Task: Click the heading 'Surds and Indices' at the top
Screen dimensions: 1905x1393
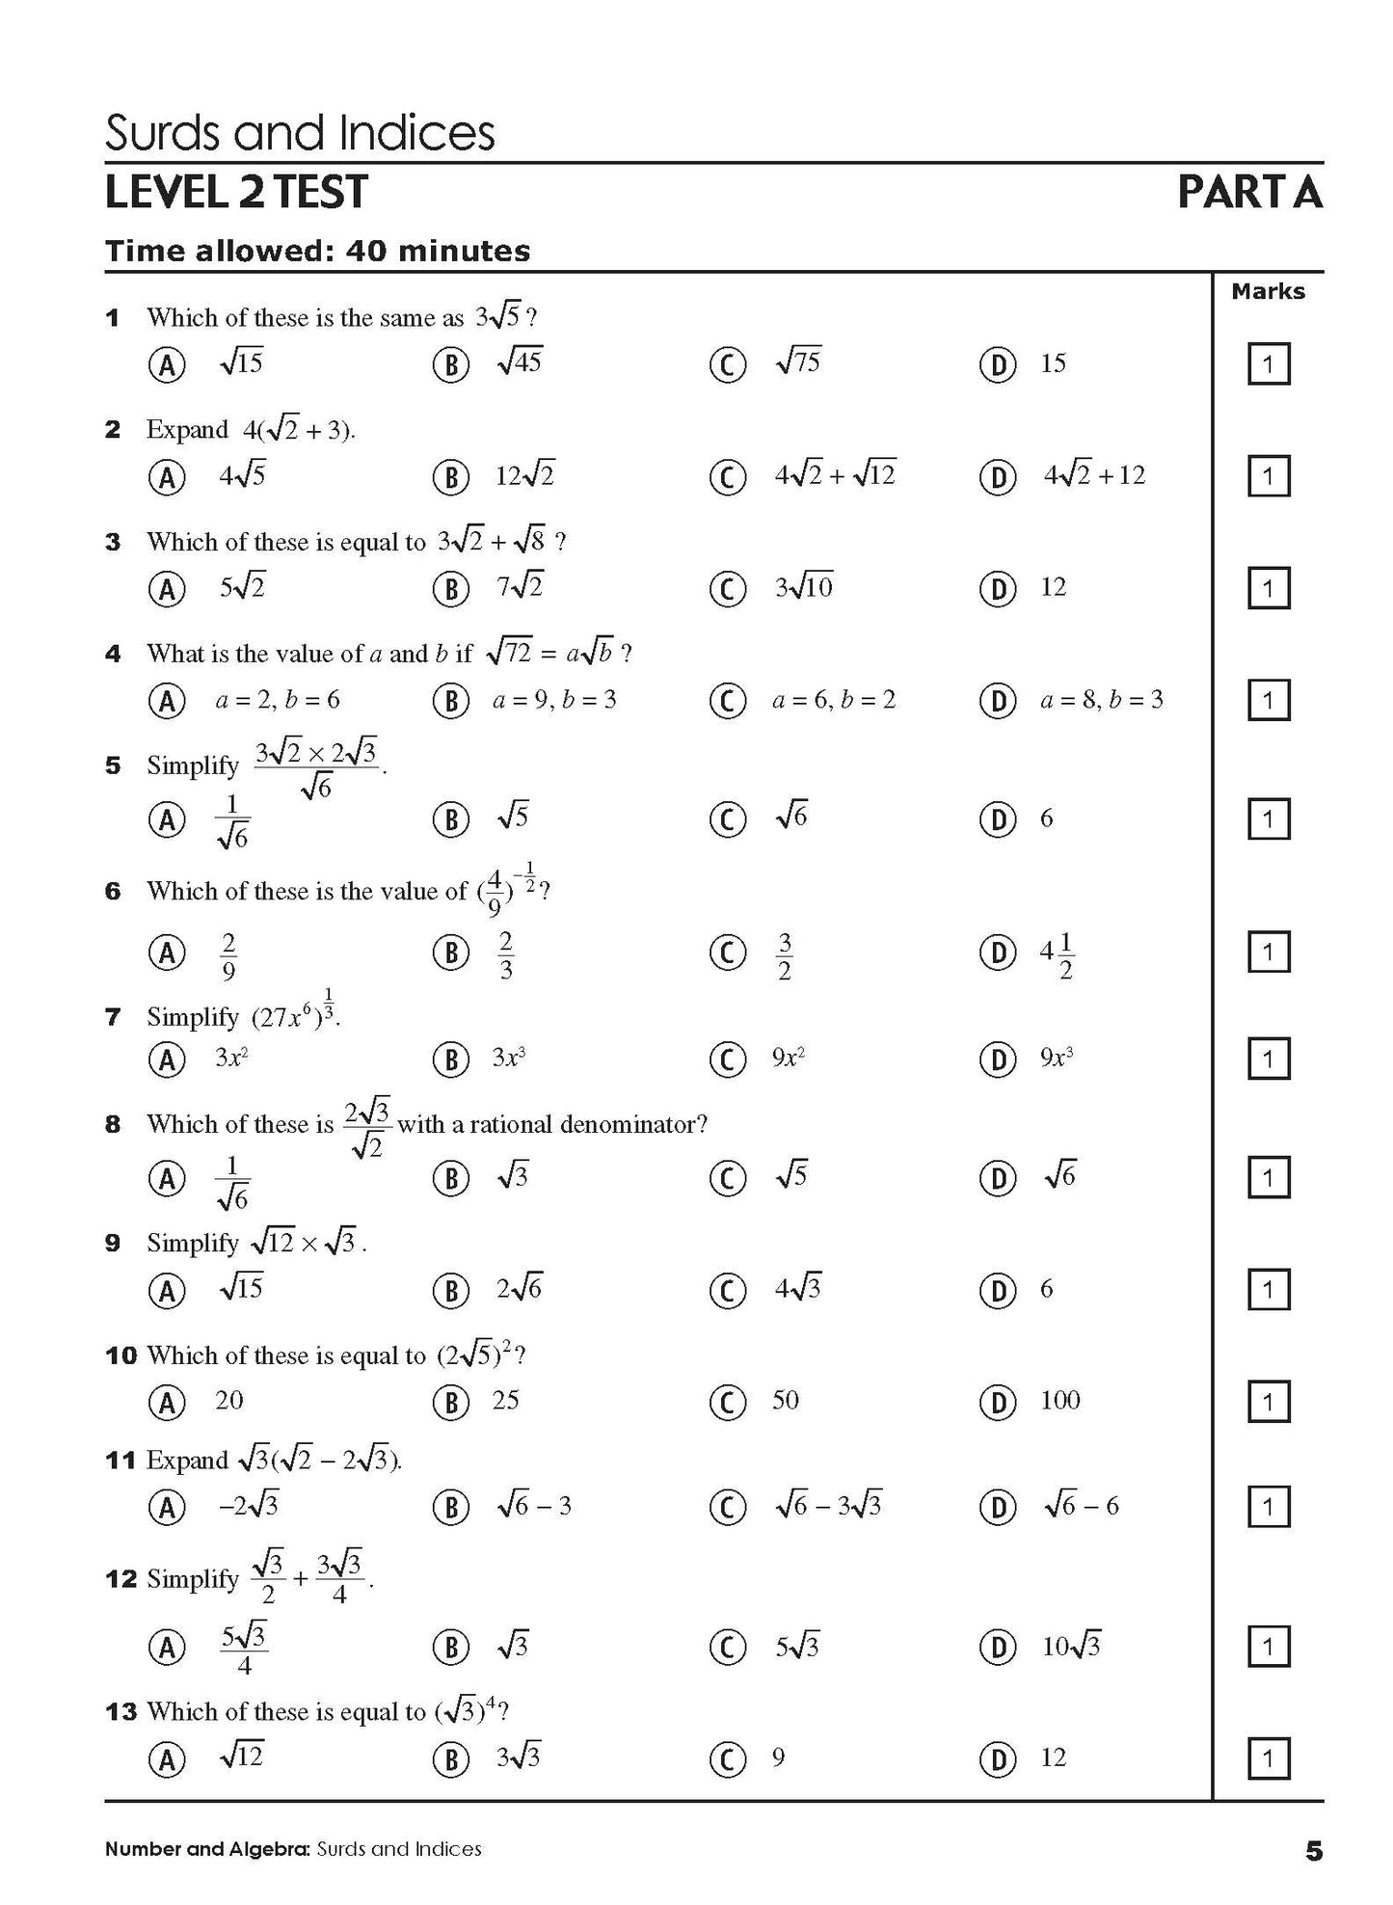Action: click(x=299, y=133)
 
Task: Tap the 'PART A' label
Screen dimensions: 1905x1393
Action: click(x=1249, y=193)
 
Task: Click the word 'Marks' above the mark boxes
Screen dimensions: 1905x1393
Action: click(x=1268, y=291)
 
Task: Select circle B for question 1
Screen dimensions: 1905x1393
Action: click(x=450, y=364)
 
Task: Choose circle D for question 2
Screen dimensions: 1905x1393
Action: click(x=998, y=476)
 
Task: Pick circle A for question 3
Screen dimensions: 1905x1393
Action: click(x=167, y=588)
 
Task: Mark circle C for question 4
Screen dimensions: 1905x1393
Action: click(x=727, y=700)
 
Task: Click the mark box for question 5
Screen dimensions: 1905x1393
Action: click(x=1269, y=819)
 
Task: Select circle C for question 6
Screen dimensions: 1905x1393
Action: click(x=727, y=952)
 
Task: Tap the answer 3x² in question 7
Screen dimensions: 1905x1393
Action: click(x=231, y=1058)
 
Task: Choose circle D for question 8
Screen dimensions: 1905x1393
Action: click(x=998, y=1177)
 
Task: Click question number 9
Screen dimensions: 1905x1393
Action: click(x=113, y=1244)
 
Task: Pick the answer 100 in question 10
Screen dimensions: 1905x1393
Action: click(x=1059, y=1400)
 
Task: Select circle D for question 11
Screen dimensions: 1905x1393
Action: click(x=998, y=1506)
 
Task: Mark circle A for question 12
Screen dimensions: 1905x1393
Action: click(x=167, y=1647)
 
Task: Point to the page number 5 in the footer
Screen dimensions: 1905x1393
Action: click(x=1314, y=1850)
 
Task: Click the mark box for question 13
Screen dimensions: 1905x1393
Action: click(x=1269, y=1758)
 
